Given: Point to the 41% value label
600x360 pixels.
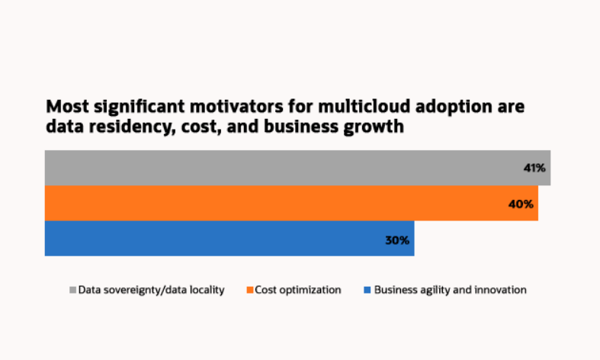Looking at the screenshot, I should click(534, 168).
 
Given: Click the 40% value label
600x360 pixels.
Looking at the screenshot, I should click(521, 204).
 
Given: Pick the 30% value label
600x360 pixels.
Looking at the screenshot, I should click(397, 239).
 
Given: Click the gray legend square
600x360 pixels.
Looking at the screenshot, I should click(73, 290).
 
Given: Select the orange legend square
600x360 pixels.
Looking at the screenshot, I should click(249, 290).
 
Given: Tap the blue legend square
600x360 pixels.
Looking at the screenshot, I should click(367, 290).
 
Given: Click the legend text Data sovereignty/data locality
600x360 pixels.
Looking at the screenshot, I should click(151, 290).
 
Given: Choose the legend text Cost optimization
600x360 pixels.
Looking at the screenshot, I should click(298, 290).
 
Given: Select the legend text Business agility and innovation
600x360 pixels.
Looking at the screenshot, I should click(450, 290).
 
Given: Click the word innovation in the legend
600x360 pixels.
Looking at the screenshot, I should click(499, 290).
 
